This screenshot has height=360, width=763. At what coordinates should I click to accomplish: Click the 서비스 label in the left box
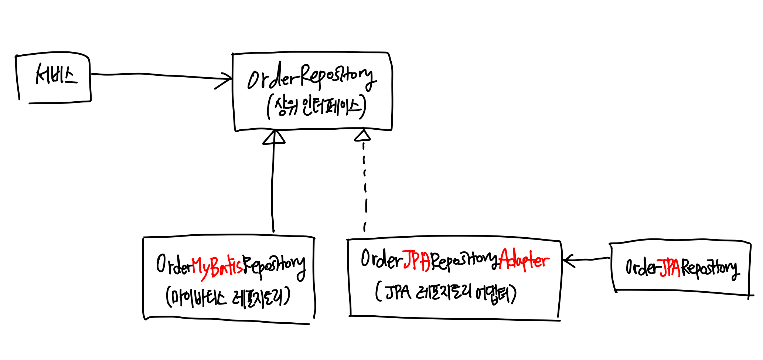[56, 75]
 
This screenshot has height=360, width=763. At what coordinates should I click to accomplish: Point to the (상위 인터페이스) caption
[316, 106]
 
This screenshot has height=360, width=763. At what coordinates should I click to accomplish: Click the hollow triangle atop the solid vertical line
[274, 137]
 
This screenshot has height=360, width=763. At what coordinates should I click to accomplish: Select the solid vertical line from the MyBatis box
[273, 185]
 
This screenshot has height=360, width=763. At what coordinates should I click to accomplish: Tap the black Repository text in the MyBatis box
[274, 267]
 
